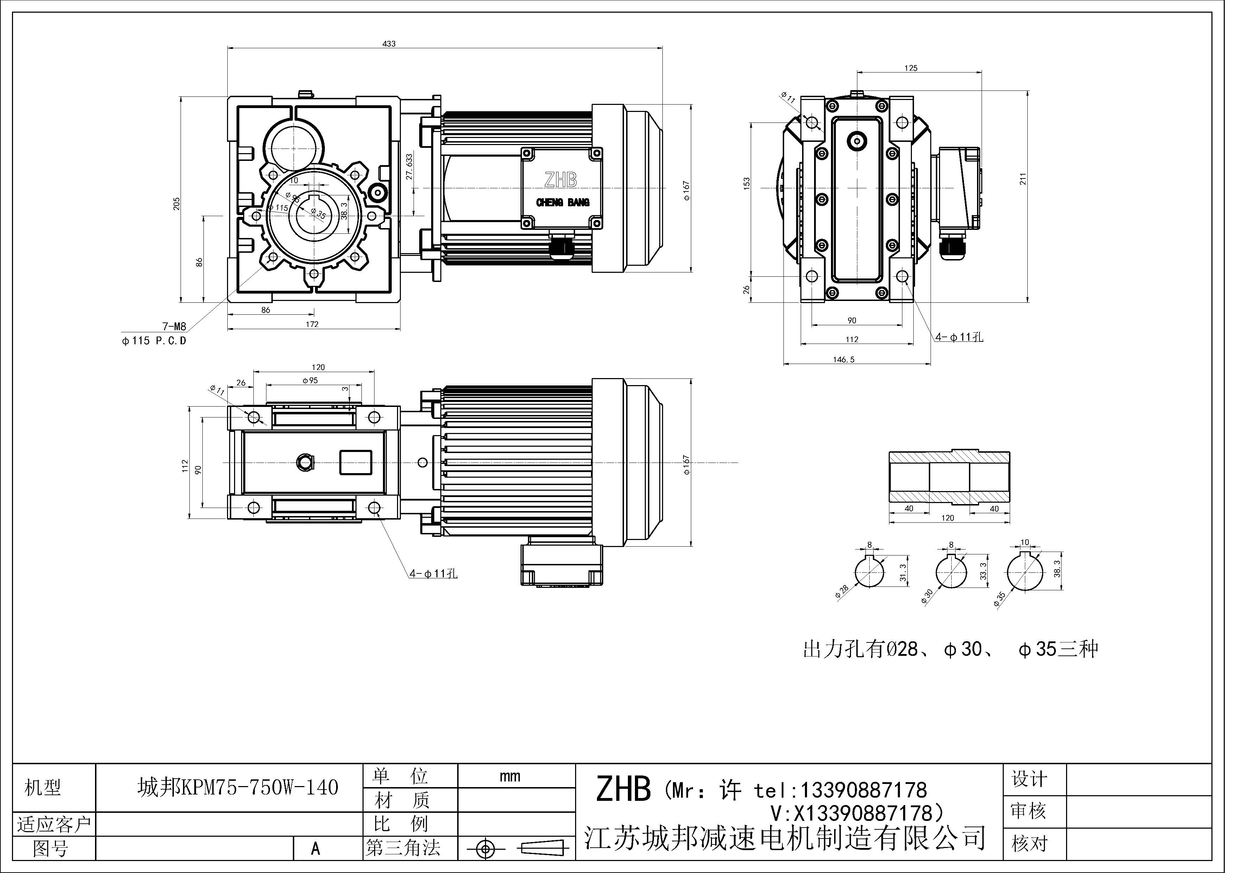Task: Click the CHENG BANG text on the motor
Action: click(x=563, y=202)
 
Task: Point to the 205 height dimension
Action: click(x=176, y=203)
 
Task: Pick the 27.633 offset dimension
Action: click(x=409, y=167)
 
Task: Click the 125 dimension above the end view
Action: click(x=911, y=68)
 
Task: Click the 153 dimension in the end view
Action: click(x=746, y=183)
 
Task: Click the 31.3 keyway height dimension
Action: click(x=903, y=572)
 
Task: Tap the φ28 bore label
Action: click(x=842, y=592)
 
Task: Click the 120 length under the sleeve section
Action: click(x=948, y=517)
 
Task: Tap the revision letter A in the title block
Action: click(x=316, y=849)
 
